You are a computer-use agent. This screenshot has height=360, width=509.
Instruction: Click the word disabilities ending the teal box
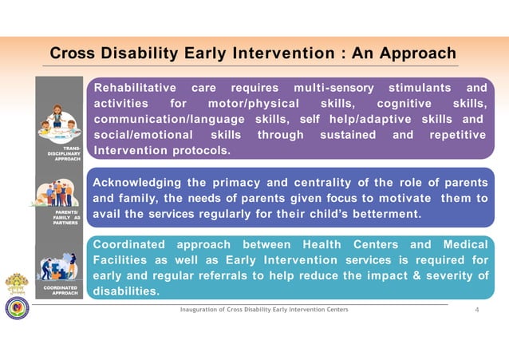coord(125,292)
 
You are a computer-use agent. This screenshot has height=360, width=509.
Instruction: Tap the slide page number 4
coord(476,310)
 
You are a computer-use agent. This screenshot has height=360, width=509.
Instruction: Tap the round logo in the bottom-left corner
coord(17,307)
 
